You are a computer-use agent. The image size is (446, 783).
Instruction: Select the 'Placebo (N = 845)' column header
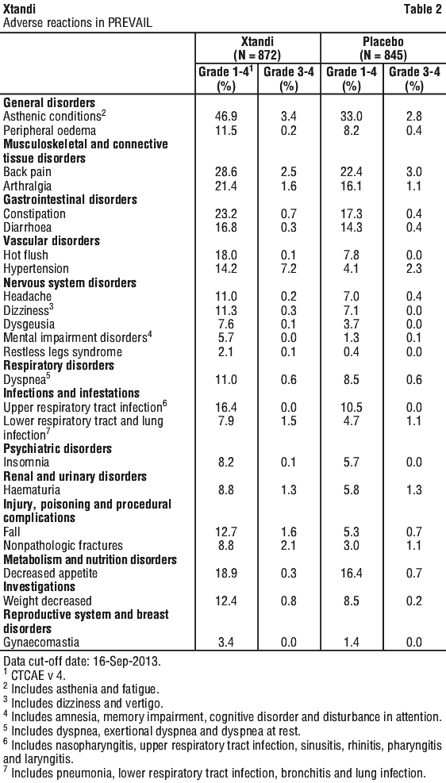(383, 47)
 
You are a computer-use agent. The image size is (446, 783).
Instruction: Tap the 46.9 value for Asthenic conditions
(226, 117)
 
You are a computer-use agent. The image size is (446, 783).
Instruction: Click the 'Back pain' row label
(28, 172)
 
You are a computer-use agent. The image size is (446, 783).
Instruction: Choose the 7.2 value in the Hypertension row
(289, 269)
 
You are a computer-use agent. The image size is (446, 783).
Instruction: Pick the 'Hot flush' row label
(25, 255)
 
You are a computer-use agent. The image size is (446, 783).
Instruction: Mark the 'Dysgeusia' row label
(29, 324)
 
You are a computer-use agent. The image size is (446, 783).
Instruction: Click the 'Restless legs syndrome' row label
(63, 352)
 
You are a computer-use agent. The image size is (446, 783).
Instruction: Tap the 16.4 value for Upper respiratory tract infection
(226, 408)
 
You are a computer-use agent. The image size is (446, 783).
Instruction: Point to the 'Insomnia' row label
(25, 463)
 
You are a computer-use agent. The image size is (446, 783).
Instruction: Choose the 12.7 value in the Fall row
(226, 532)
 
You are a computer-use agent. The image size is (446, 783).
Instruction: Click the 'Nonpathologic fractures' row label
(63, 546)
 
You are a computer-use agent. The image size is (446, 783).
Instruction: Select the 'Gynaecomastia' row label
(41, 642)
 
